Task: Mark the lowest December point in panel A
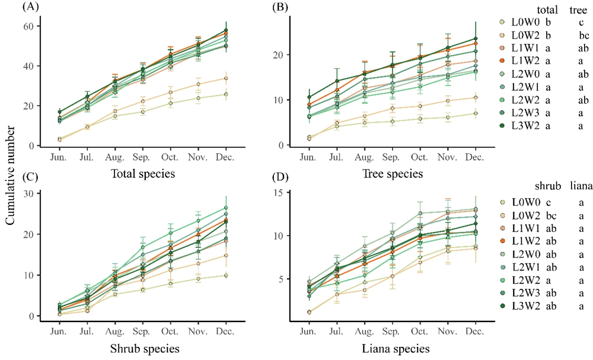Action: (x=226, y=94)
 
